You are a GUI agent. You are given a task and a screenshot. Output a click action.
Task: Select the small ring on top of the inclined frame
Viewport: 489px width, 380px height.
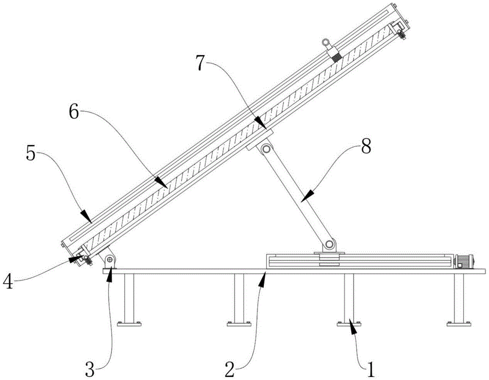click(327, 42)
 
